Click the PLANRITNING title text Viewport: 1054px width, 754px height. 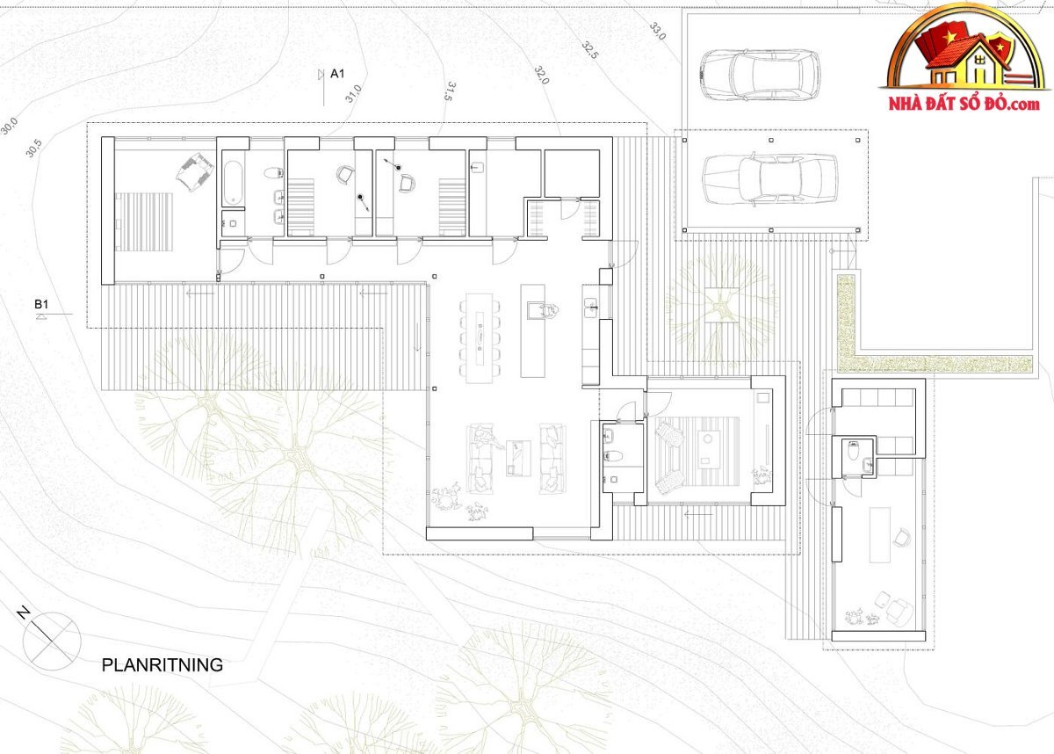point(162,665)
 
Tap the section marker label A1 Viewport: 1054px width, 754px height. point(337,74)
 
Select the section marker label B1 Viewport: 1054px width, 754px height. point(41,305)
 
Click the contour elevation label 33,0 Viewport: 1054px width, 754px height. point(658,31)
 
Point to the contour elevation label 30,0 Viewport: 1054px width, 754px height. point(9,127)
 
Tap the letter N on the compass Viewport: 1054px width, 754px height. point(23,613)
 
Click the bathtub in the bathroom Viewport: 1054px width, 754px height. point(233,183)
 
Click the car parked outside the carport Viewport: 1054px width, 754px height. point(760,75)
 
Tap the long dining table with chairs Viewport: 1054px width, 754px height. point(480,338)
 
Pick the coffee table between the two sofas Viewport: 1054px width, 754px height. point(518,458)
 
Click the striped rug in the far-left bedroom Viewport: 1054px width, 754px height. point(144,221)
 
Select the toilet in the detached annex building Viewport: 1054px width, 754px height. point(854,450)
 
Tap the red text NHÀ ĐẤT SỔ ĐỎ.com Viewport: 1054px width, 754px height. point(964,103)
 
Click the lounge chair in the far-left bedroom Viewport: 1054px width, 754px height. point(195,171)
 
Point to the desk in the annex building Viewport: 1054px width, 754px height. point(879,534)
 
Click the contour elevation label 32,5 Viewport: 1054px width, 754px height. point(590,50)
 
